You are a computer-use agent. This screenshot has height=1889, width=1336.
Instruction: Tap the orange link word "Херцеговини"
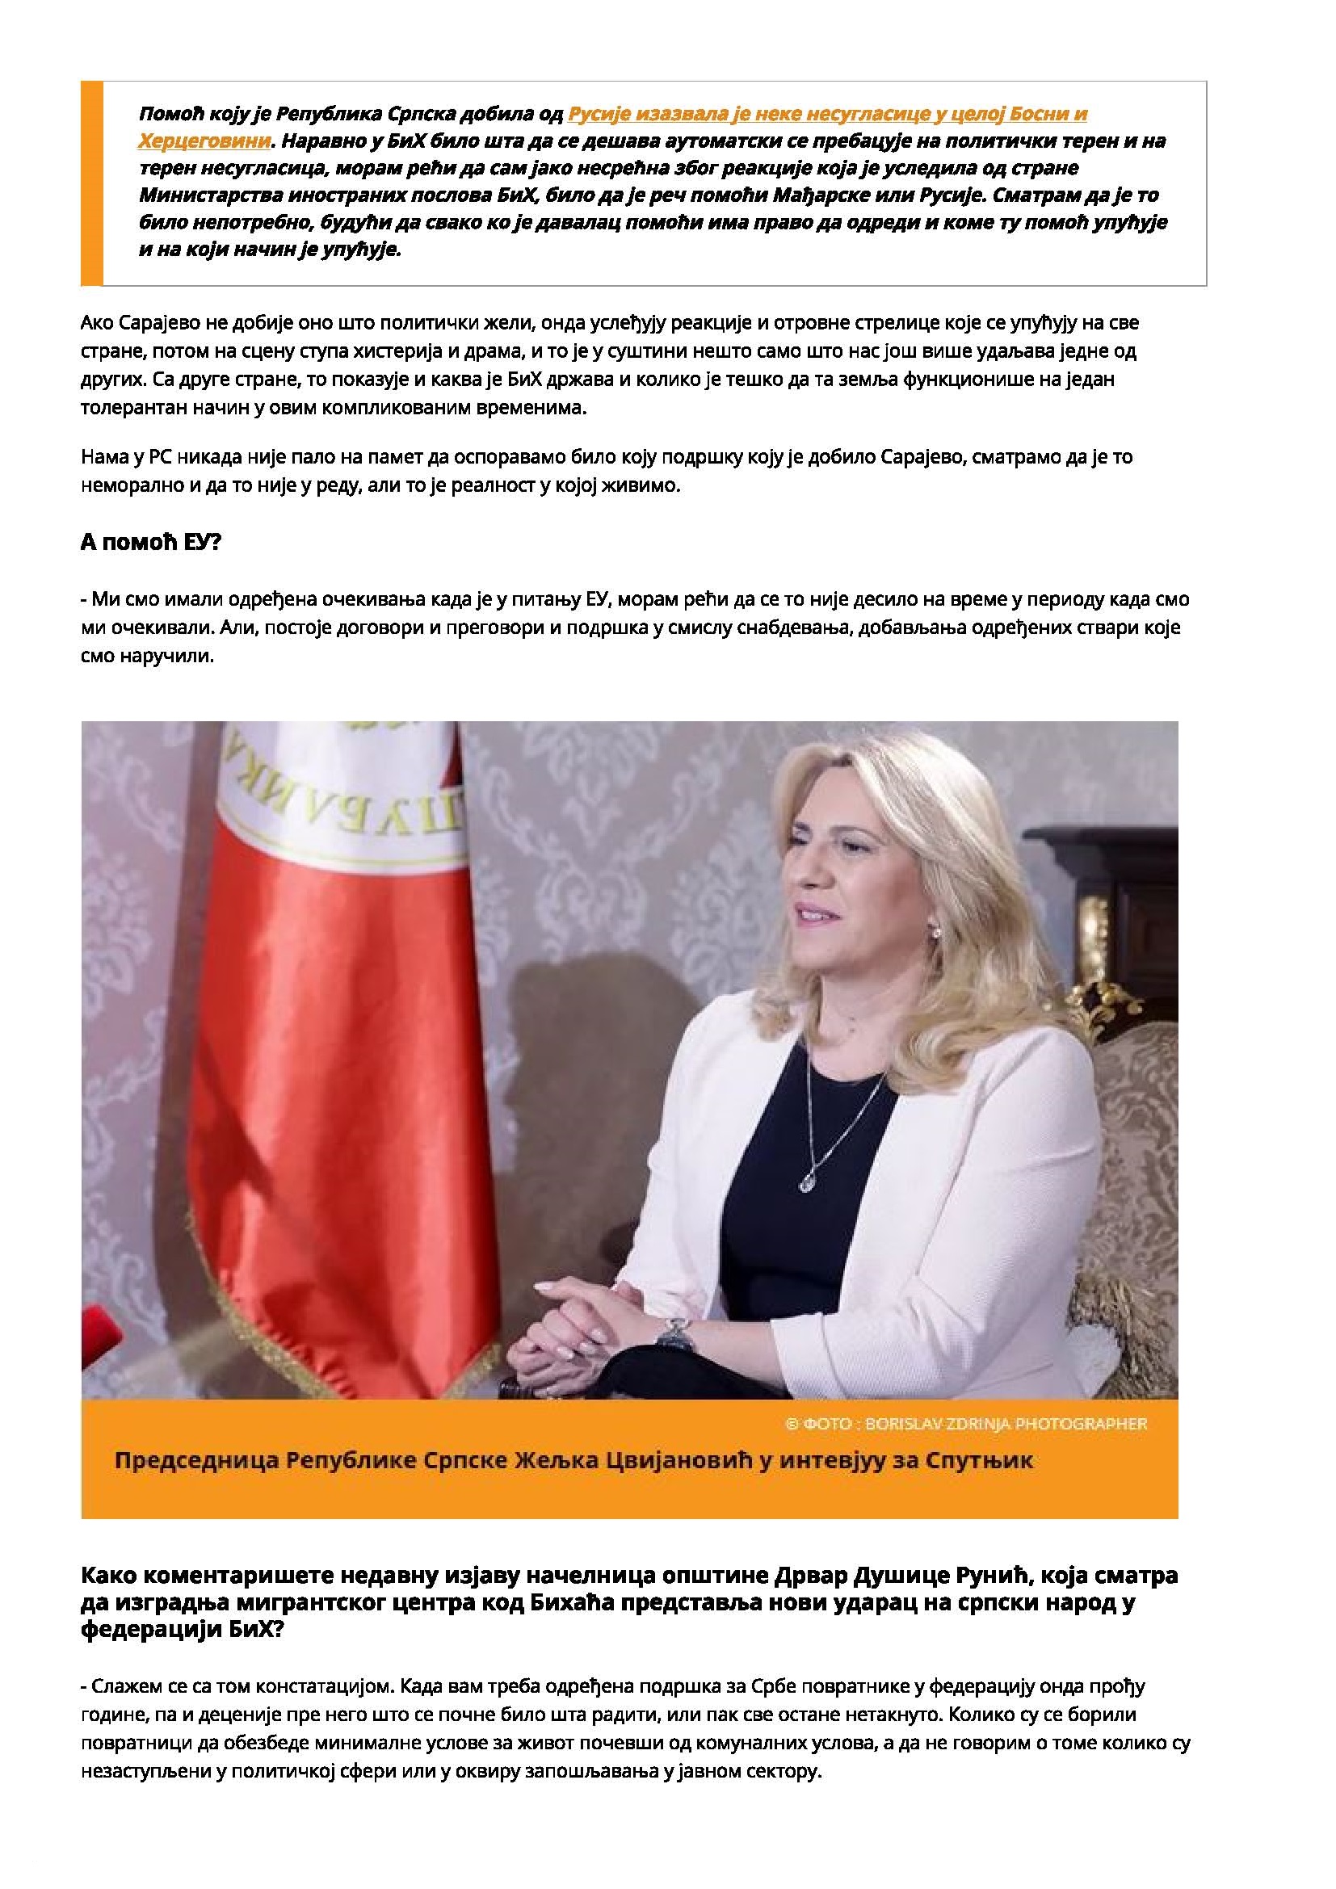pyautogui.click(x=204, y=141)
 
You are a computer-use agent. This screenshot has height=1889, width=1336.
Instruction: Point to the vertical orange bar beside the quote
pyautogui.click(x=91, y=183)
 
